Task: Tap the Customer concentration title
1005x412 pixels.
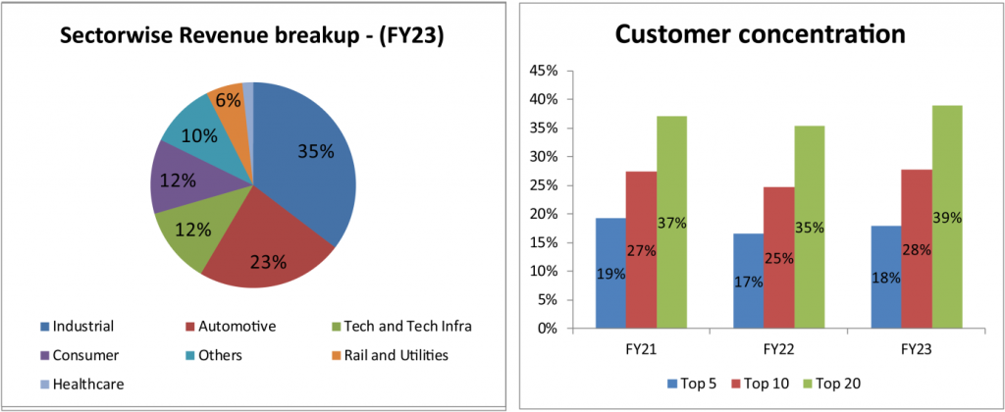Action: [x=760, y=34]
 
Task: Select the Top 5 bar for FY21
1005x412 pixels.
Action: [x=609, y=274]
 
